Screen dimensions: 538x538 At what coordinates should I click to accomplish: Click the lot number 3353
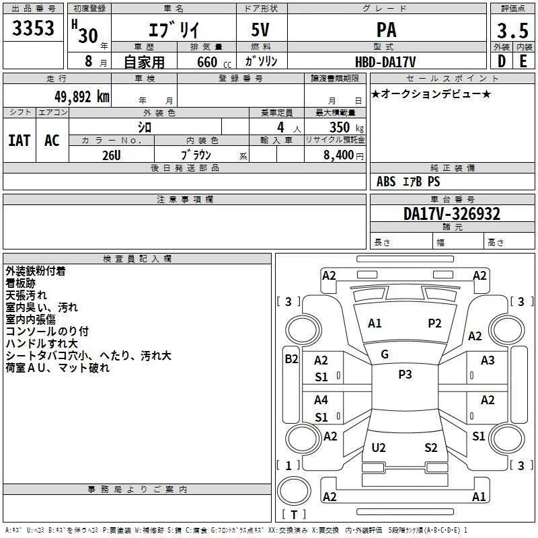(x=33, y=28)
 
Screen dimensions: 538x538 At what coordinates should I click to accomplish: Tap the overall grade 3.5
(x=512, y=31)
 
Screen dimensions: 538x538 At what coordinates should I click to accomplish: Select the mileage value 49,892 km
(x=82, y=97)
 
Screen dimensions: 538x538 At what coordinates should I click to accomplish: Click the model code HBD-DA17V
(x=385, y=62)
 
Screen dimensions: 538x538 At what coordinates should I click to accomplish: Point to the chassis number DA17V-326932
(x=452, y=214)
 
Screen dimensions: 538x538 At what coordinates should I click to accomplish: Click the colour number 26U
(x=112, y=155)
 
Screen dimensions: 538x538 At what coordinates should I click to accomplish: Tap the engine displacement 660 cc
(x=214, y=62)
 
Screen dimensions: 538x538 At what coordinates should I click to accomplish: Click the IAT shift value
(x=20, y=141)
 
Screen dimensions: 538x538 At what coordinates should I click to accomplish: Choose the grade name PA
(x=386, y=30)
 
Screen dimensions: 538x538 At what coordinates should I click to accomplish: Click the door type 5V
(x=260, y=30)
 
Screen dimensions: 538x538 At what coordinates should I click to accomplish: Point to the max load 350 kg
(x=346, y=127)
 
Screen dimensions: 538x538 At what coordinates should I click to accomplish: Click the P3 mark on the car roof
(x=405, y=375)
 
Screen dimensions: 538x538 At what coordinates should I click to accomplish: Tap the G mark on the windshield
(x=385, y=354)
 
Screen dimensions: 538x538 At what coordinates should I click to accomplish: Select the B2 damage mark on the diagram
(x=291, y=359)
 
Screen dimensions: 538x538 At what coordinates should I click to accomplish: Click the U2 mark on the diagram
(x=379, y=447)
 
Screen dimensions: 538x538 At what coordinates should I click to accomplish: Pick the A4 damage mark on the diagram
(x=321, y=399)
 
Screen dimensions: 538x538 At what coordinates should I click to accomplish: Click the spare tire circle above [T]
(x=294, y=491)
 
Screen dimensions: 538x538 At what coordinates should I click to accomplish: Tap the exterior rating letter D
(x=502, y=61)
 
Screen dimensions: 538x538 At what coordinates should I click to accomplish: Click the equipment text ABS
(x=386, y=182)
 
